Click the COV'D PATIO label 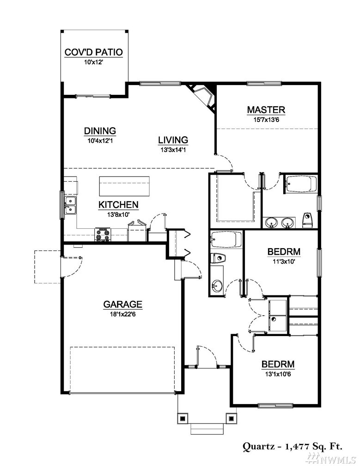pos(93,52)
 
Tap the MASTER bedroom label pos(266,110)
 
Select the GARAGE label pos(122,304)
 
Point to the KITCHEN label pos(118,205)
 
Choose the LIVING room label pos(173,140)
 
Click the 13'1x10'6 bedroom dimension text pos(278,374)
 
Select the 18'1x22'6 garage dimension pos(122,314)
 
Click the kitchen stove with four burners pos(103,234)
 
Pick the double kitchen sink pos(70,205)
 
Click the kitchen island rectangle pos(124,186)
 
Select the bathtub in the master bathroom pos(300,184)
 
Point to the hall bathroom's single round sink pos(217,286)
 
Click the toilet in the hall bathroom pos(218,258)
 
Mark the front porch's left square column pos(183,418)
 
